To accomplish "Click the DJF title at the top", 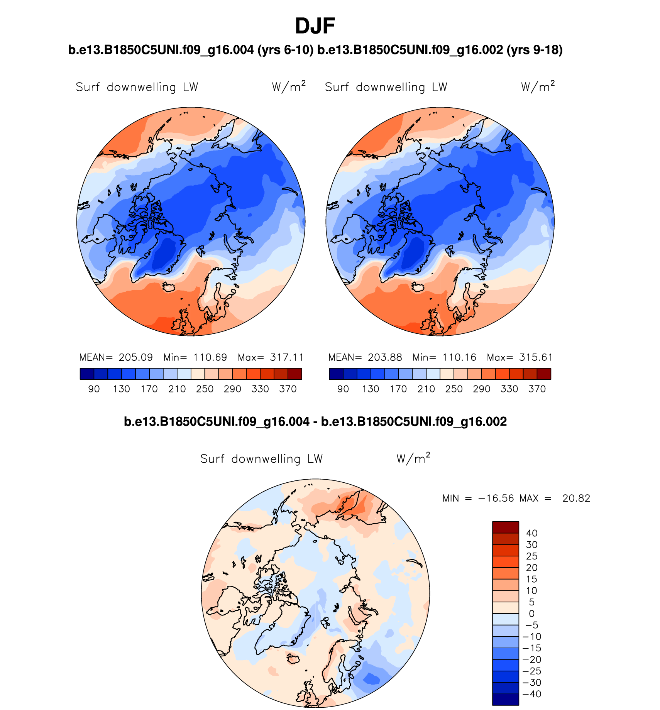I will [315, 26].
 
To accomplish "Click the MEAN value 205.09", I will [135, 357].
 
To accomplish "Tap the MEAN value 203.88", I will [385, 357].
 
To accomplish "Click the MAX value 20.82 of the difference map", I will [576, 498].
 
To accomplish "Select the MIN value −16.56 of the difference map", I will [496, 498].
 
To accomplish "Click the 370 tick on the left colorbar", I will [288, 389].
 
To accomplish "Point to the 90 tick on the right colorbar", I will [343, 389].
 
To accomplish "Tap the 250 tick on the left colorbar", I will [205, 389].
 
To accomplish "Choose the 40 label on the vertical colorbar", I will [531, 533].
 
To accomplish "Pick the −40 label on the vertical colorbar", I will [531, 694].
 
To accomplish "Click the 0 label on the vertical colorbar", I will [531, 614].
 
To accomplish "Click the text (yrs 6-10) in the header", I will [285, 50].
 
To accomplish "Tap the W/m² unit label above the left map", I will [289, 86].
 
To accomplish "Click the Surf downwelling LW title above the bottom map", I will [261, 459].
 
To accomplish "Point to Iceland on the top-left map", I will [169, 287].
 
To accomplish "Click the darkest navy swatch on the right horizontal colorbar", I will [336, 374].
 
